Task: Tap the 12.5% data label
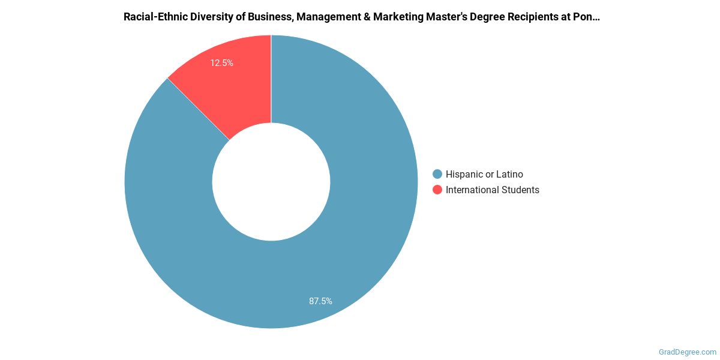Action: click(221, 62)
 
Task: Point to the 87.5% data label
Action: click(320, 301)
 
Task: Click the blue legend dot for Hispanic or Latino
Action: click(437, 174)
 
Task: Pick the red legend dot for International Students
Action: click(437, 190)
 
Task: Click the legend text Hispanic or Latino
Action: click(484, 174)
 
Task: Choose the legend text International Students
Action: click(492, 190)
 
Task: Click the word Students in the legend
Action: click(520, 190)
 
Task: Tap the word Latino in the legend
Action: click(509, 174)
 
